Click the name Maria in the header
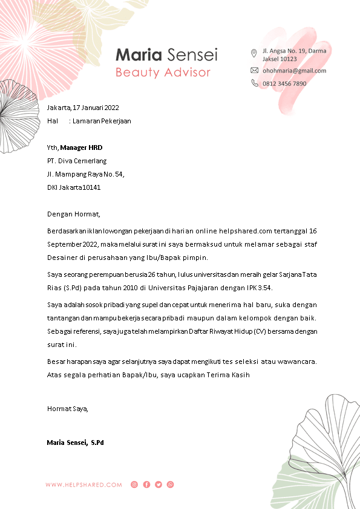(x=139, y=55)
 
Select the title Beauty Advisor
(x=163, y=73)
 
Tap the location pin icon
(x=254, y=53)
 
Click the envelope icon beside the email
(x=254, y=71)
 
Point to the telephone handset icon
(x=254, y=83)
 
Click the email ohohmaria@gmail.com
(x=294, y=71)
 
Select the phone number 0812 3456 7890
(x=284, y=83)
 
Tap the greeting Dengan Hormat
(x=73, y=213)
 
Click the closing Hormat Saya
(x=67, y=409)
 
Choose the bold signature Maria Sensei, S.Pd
(x=76, y=443)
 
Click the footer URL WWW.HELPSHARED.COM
(x=83, y=485)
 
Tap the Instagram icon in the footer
(x=134, y=485)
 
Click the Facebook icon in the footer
(x=146, y=485)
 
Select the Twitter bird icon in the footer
(x=159, y=485)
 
